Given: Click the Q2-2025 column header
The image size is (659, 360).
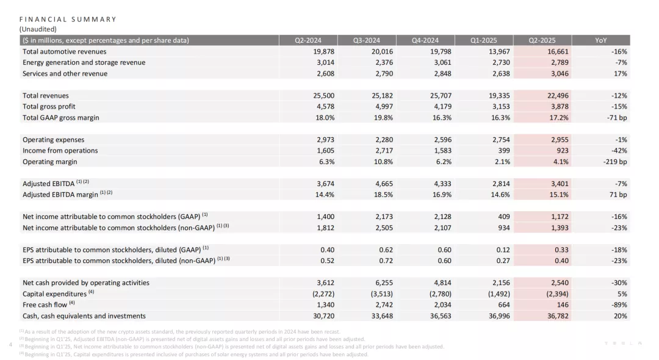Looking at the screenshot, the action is [x=542, y=40].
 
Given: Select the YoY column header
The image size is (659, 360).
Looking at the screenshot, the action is [x=600, y=40].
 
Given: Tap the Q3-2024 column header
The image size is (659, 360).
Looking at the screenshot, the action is [x=366, y=40].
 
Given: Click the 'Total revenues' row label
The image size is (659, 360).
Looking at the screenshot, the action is [x=45, y=95].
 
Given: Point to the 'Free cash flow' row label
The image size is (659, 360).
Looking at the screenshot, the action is [x=45, y=304].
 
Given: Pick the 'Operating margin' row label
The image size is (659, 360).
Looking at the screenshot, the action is [x=50, y=162].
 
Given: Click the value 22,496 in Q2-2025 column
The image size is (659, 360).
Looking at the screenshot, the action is [x=558, y=95].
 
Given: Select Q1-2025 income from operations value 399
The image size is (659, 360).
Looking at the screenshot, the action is [x=503, y=150].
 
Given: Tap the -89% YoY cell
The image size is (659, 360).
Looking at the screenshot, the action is [x=619, y=304].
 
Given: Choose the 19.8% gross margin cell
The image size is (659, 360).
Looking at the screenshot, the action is [x=383, y=118].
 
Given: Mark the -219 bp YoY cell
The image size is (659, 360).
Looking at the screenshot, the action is [x=615, y=162].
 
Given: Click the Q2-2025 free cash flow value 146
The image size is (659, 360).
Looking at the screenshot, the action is [x=563, y=304].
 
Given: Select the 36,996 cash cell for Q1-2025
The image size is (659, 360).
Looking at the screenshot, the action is [x=499, y=316].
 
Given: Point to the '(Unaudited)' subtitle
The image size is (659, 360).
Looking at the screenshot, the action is [x=38, y=29].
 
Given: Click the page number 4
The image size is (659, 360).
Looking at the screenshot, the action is [x=10, y=345].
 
